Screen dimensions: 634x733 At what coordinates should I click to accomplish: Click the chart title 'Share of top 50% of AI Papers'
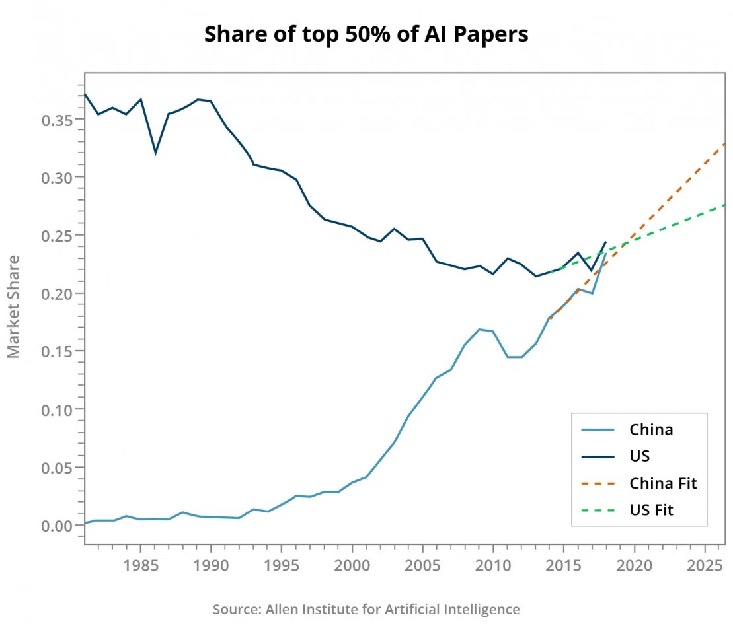coord(366,34)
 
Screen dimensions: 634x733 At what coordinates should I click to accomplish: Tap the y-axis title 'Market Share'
coord(14,306)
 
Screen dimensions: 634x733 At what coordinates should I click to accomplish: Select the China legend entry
coord(651,429)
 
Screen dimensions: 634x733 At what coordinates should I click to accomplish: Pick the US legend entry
coord(639,456)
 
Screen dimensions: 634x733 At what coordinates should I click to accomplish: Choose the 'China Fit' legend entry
coord(663,483)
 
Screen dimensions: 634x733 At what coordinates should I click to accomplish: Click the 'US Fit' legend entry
coord(651,510)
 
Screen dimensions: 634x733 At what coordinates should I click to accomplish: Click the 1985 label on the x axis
coord(141,566)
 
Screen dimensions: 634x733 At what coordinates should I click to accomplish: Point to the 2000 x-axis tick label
coord(352,566)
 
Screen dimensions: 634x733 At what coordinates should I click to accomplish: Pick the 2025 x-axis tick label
coord(705,566)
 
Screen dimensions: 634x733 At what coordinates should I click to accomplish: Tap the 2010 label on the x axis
coord(493,566)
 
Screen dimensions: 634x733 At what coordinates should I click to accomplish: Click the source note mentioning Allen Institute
coord(366,609)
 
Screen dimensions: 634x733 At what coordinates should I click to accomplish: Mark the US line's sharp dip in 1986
coord(155,153)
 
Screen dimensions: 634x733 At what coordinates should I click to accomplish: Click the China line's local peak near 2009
coord(479,329)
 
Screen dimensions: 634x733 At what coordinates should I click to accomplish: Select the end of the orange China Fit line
coord(725,143)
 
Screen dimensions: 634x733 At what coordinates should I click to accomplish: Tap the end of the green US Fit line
coord(725,205)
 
